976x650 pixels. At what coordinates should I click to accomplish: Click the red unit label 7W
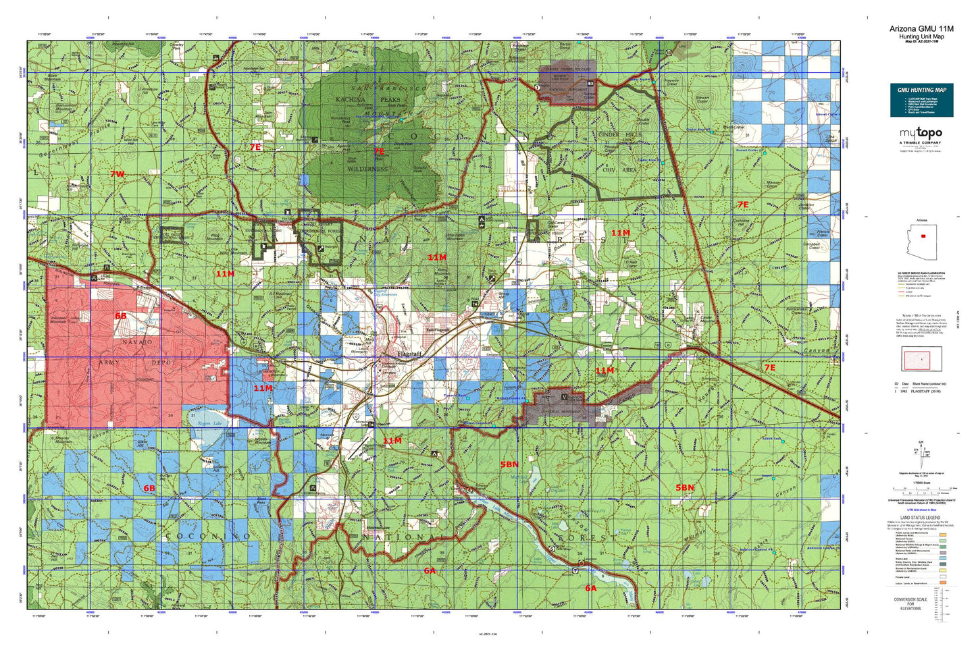click(x=118, y=174)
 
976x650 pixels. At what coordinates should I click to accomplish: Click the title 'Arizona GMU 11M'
click(x=921, y=28)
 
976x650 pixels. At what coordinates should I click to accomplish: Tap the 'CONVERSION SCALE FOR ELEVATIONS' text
click(x=910, y=603)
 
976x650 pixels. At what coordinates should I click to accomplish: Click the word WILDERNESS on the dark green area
click(x=367, y=169)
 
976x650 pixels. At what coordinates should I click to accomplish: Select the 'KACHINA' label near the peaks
click(x=351, y=99)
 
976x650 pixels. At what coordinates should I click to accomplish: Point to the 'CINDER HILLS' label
click(x=620, y=134)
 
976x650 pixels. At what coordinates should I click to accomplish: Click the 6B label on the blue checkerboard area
click(x=149, y=488)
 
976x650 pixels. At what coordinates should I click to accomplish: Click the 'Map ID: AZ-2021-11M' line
click(x=921, y=42)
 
